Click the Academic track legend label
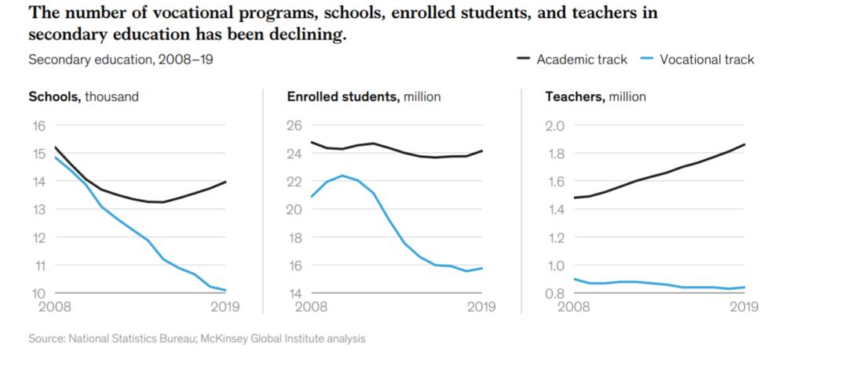[582, 60]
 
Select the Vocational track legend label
[707, 60]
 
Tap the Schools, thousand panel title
[83, 97]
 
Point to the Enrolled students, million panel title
[364, 97]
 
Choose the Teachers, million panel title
[595, 97]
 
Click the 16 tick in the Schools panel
[38, 125]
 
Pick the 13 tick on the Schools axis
[38, 209]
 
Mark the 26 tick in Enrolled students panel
[295, 125]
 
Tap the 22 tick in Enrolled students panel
[295, 182]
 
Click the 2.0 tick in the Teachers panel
[555, 125]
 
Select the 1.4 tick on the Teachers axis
[555, 209]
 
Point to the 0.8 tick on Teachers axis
[555, 293]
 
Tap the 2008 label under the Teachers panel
[573, 307]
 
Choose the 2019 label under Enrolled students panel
[481, 307]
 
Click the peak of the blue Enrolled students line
[342, 176]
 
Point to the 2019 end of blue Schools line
[226, 290]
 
